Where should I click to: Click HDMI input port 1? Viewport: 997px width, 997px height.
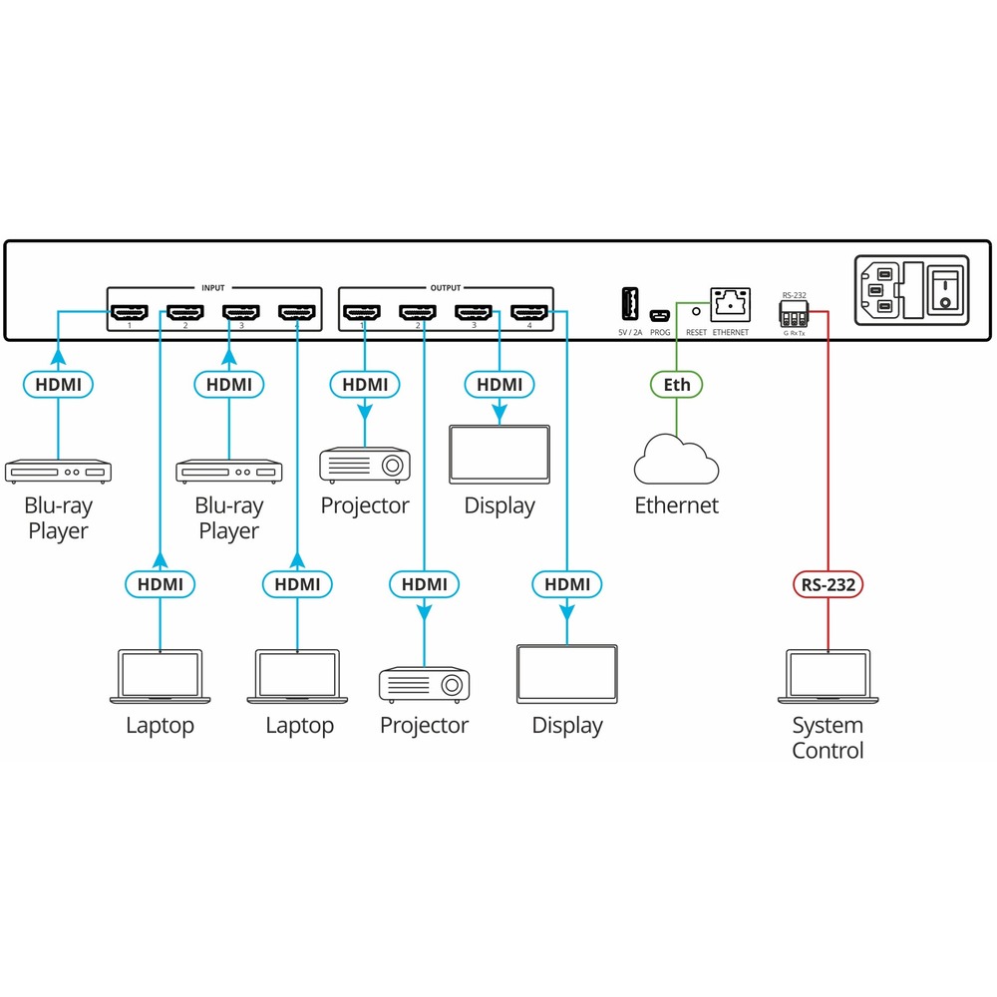click(130, 313)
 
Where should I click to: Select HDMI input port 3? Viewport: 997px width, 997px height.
click(241, 313)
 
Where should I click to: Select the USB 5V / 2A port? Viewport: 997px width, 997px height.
click(631, 302)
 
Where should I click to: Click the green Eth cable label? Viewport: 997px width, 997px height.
click(676, 384)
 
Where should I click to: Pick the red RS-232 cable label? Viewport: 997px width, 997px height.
click(828, 584)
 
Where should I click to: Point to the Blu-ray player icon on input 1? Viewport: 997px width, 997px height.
click(59, 470)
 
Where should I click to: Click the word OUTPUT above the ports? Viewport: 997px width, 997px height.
click(446, 287)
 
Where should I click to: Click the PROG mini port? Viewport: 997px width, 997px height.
click(659, 315)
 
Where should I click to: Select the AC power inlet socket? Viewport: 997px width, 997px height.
click(880, 291)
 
